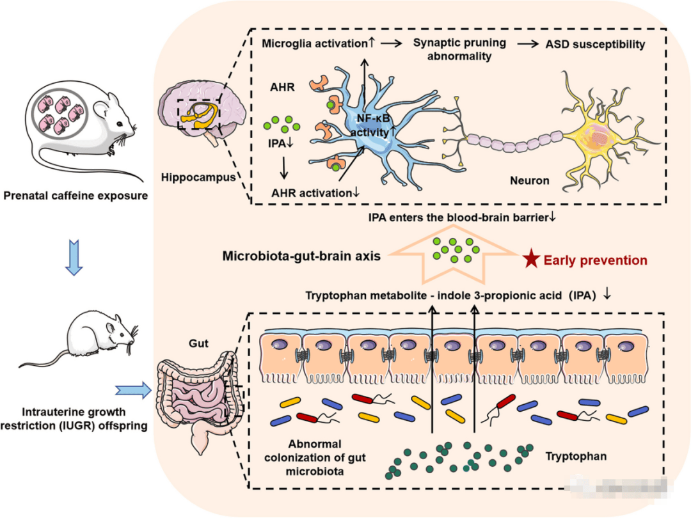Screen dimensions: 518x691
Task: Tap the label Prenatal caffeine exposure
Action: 75,195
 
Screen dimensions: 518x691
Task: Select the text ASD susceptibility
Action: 595,44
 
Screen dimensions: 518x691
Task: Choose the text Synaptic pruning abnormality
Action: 459,49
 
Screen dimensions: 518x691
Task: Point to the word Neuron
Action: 528,181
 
